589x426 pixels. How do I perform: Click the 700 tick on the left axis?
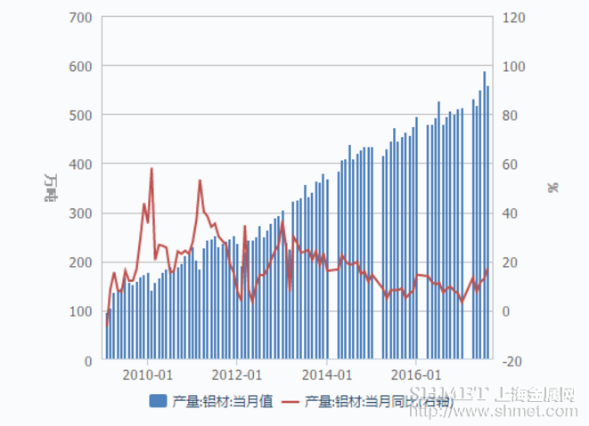(79, 17)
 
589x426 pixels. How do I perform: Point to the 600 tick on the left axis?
(79, 66)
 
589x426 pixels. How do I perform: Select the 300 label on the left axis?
(79, 213)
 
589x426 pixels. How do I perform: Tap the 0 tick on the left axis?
(89, 360)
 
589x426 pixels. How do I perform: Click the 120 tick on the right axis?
(514, 17)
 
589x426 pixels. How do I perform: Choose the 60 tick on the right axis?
(511, 165)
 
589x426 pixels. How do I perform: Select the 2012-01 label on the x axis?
(237, 374)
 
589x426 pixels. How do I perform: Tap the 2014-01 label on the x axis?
(327, 374)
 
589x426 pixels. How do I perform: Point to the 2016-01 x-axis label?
(417, 374)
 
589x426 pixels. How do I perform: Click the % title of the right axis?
(552, 188)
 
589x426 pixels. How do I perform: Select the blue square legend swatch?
(158, 401)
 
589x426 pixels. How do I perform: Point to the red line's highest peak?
(151, 169)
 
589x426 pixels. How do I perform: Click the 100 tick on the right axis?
(514, 66)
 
